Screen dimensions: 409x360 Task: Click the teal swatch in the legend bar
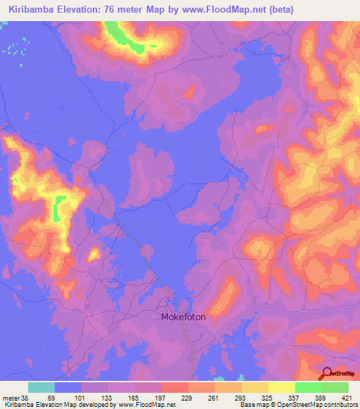click(x=41, y=387)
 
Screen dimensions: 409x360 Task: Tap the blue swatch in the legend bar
click(x=68, y=387)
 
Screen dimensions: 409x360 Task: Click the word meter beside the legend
click(x=11, y=398)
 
